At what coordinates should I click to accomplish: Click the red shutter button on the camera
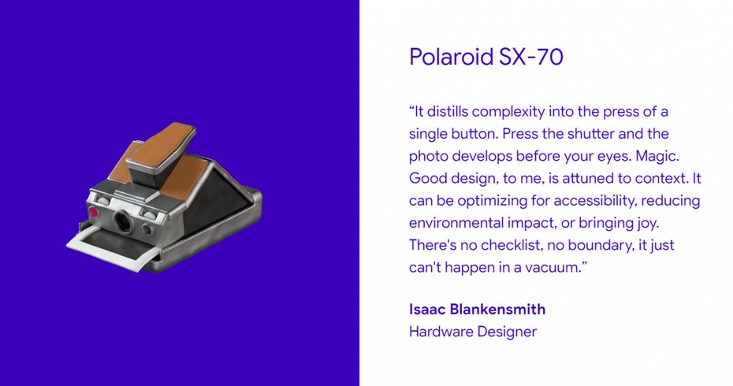[94, 212]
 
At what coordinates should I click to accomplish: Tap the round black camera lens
[123, 221]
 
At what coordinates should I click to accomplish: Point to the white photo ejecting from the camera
[113, 247]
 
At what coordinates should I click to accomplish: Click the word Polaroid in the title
[452, 57]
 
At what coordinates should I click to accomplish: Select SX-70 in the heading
[531, 57]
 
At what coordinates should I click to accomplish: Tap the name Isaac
[427, 310]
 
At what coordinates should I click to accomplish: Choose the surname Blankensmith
[497, 310]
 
